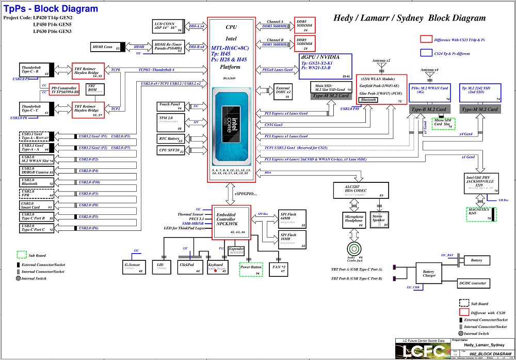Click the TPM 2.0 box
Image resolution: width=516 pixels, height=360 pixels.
pos(170,122)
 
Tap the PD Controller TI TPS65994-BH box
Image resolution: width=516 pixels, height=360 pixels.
pos(64,90)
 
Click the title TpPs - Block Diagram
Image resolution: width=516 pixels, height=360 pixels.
pos(51,9)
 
